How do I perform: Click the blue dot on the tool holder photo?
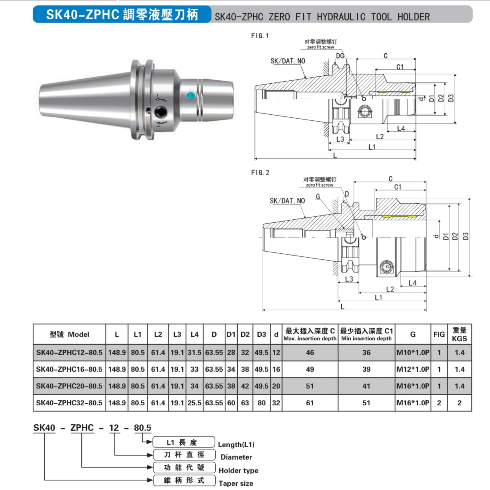[x=191, y=95]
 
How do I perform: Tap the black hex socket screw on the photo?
[x=161, y=112]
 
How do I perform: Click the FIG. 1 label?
[x=260, y=36]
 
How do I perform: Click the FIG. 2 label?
[x=260, y=173]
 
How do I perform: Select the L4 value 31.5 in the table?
[x=194, y=353]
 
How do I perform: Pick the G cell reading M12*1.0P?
[x=413, y=369]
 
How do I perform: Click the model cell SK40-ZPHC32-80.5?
[x=69, y=403]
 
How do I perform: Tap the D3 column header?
[x=261, y=334]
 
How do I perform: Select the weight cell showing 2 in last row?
[x=459, y=403]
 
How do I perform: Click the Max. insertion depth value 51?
[x=310, y=386]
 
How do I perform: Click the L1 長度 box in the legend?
[x=184, y=442]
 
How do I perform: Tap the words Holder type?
[x=238, y=470]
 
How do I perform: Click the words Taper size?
[x=236, y=483]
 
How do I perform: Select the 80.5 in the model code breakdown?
[x=142, y=428]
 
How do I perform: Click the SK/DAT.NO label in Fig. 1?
[x=288, y=61]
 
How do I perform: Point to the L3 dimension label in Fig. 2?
[x=349, y=279]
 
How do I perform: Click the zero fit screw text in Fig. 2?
[x=320, y=185]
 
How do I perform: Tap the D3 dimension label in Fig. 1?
[x=451, y=98]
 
